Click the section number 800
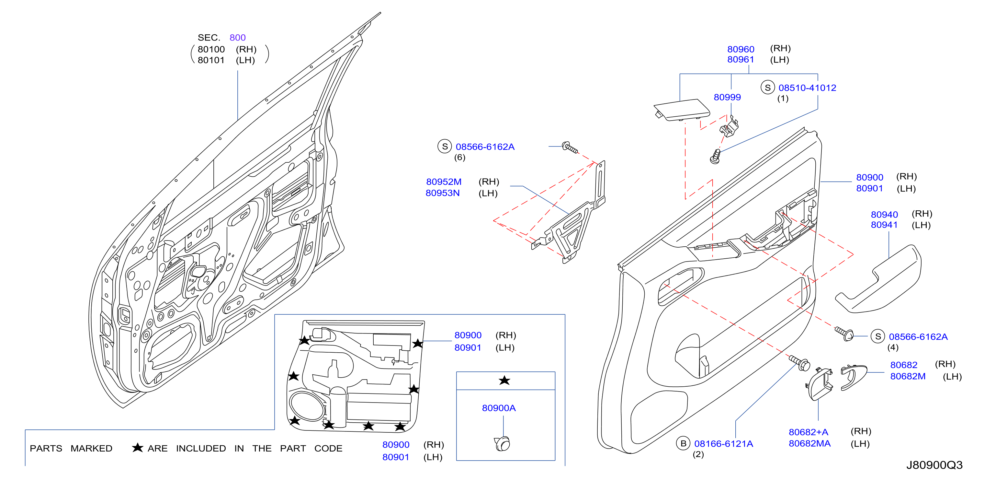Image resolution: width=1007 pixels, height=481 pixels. [237, 38]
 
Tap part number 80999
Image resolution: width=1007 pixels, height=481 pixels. [727, 97]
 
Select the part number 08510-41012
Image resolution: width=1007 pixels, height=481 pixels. [807, 88]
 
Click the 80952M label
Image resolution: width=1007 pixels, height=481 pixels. [444, 182]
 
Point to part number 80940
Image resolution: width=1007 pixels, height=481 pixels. [884, 215]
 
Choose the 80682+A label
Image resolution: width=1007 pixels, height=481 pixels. [809, 432]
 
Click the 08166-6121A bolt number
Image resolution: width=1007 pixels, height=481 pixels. [724, 444]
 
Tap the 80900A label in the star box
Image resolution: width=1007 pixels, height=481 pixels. [499, 408]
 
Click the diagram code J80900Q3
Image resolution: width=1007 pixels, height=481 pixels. [934, 465]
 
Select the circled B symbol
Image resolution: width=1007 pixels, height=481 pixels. [683, 443]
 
